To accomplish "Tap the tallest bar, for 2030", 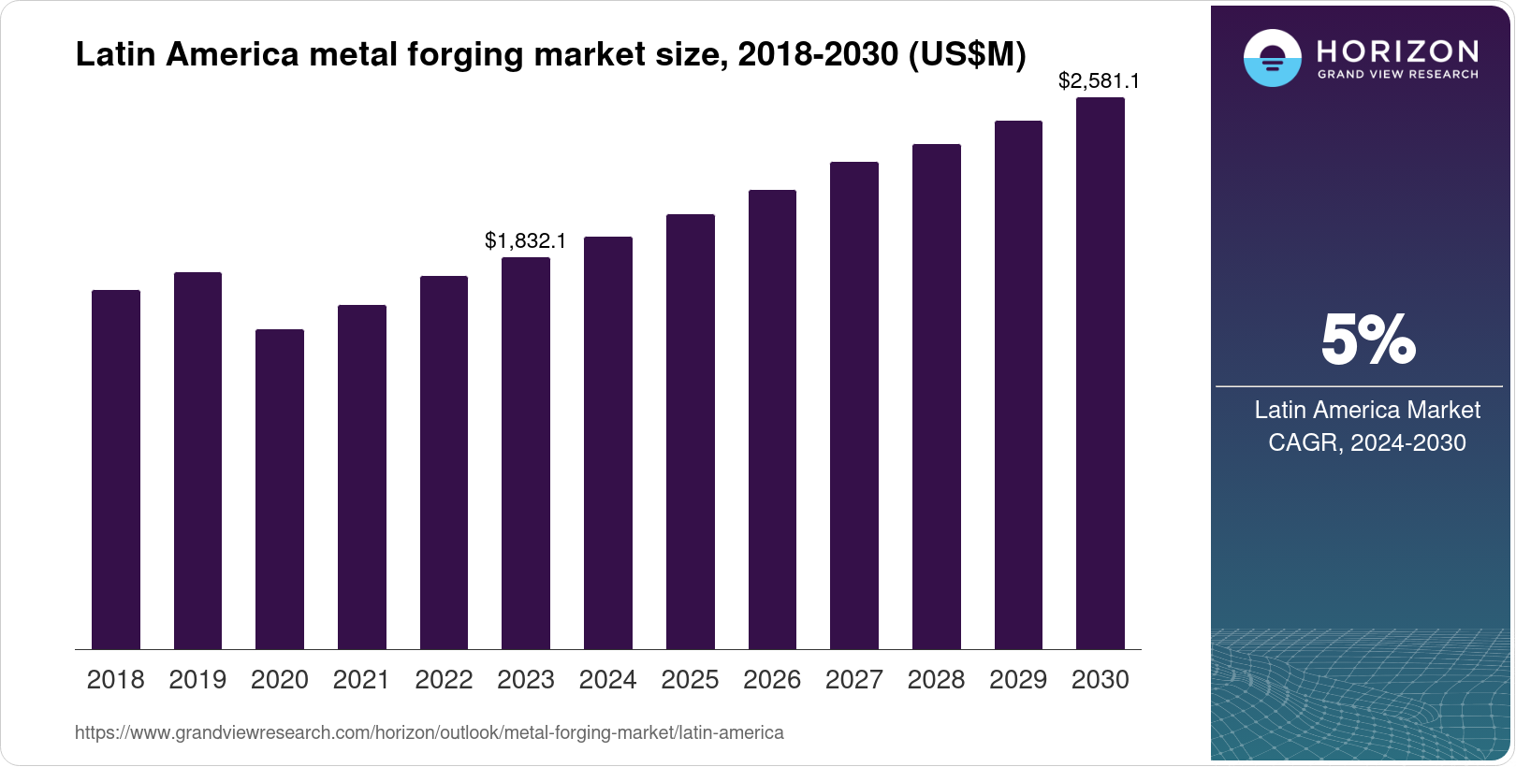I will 1100,373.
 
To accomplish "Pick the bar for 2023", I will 525,454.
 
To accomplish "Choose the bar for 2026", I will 772,420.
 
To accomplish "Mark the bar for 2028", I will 936,397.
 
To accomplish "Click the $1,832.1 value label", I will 525,240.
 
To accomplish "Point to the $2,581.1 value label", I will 1099,80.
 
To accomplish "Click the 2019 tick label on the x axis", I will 197,679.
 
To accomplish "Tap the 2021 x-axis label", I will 361,679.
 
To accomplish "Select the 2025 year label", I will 690,679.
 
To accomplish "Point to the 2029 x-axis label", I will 1018,679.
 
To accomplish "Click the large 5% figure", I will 1367,340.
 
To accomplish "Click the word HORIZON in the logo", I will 1397,51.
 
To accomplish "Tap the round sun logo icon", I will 1272,58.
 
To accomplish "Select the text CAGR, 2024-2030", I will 1366,442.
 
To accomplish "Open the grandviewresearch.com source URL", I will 429,732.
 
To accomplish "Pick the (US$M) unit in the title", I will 967,54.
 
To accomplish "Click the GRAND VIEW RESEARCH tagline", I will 1397,74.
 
